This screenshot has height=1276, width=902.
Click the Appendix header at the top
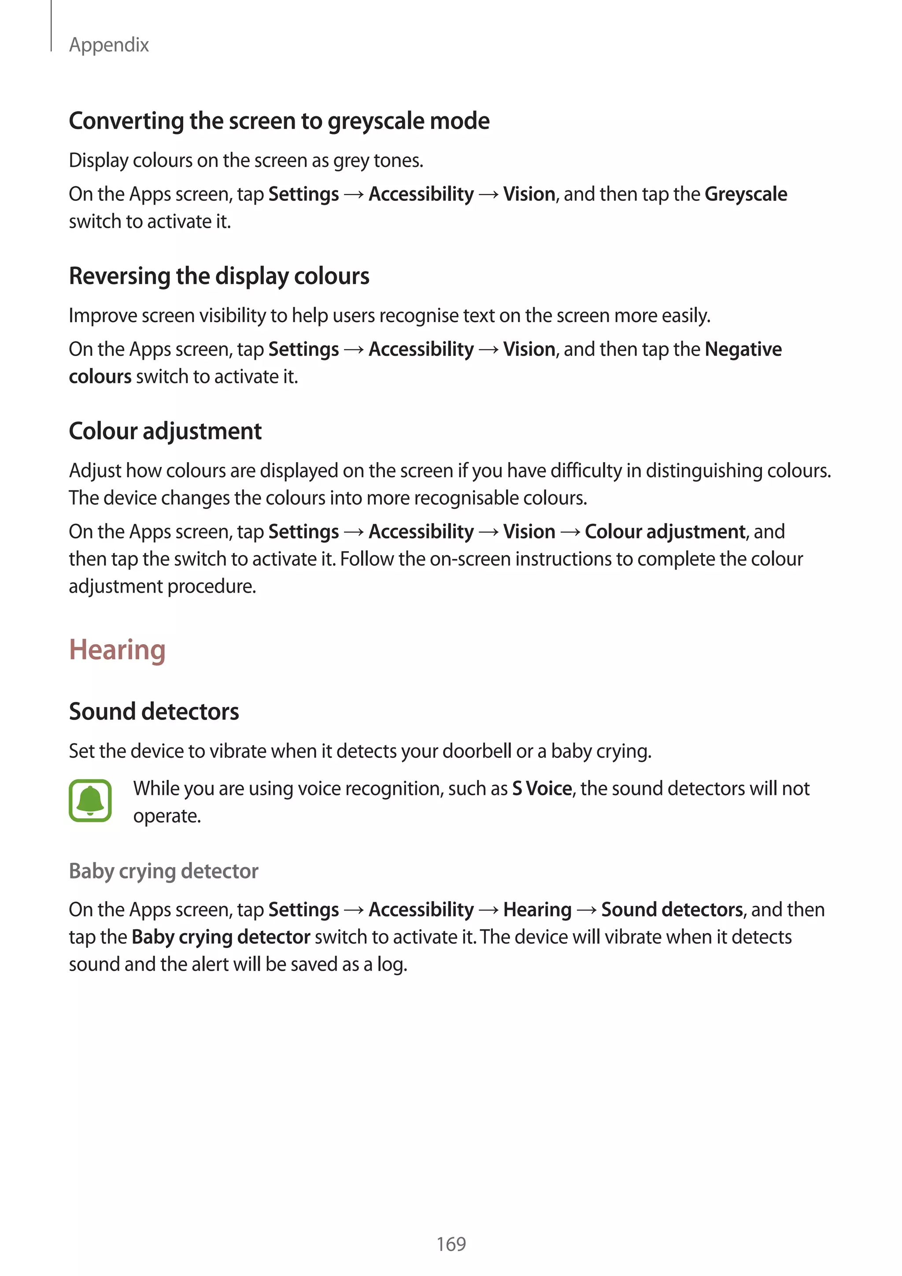109,45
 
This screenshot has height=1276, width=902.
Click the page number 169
451,1244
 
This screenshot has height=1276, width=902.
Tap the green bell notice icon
90,801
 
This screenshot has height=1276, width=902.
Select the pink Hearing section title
117,649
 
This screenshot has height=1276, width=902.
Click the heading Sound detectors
154,711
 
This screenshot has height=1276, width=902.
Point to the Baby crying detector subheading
163,871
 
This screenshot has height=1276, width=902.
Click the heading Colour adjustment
165,431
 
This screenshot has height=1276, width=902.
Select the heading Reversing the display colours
219,276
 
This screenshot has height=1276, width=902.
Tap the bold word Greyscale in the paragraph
745,194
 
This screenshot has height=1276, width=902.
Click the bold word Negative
743,349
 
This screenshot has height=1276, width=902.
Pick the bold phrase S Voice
542,789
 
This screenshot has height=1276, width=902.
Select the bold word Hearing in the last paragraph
537,910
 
